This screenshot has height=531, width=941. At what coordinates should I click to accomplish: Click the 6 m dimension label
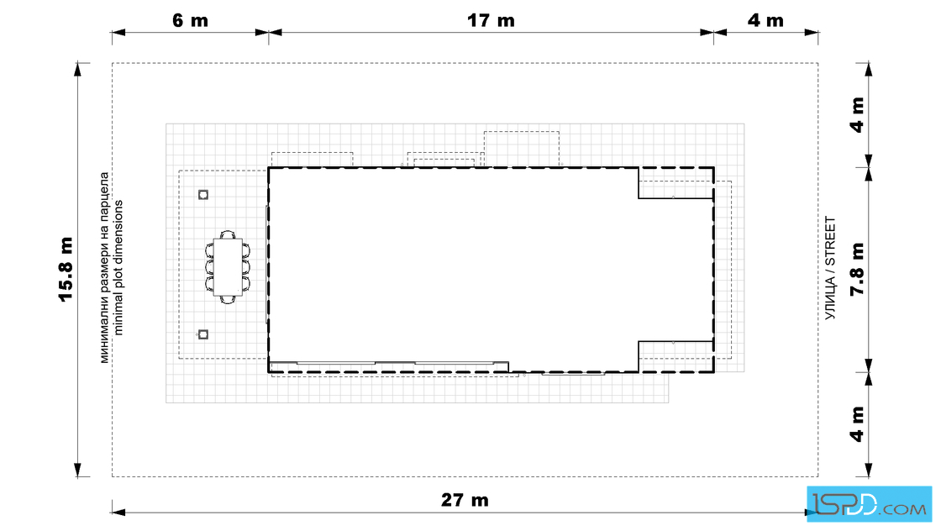click(190, 20)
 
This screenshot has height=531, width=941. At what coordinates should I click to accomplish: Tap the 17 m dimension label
click(491, 20)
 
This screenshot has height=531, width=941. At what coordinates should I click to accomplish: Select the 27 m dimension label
click(465, 500)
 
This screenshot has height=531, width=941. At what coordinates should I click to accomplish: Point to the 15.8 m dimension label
click(66, 270)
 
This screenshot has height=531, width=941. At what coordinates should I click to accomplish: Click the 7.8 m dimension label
click(857, 270)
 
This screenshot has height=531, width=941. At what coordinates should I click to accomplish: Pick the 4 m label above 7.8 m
click(857, 114)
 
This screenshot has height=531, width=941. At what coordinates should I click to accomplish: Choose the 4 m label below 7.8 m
click(857, 424)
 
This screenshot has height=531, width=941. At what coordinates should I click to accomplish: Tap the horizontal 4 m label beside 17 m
click(765, 20)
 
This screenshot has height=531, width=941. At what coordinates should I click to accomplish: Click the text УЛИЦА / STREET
click(830, 268)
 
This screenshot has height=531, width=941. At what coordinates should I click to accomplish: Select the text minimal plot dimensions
click(118, 267)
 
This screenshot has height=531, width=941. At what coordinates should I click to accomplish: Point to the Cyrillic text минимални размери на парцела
click(104, 267)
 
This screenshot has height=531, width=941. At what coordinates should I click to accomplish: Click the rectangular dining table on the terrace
click(228, 267)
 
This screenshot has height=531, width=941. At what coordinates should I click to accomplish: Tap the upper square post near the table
click(203, 194)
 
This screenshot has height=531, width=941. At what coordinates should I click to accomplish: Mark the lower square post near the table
click(203, 334)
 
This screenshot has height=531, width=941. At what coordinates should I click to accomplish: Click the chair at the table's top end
click(228, 234)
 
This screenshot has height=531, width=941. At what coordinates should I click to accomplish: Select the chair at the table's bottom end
click(228, 299)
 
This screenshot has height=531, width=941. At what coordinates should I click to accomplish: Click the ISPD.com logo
click(869, 504)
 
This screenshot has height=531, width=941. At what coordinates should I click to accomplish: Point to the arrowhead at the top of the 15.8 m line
click(77, 68)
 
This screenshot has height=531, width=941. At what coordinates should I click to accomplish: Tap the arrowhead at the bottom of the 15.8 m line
click(77, 471)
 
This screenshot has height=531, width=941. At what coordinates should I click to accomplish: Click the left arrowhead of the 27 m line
click(118, 513)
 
